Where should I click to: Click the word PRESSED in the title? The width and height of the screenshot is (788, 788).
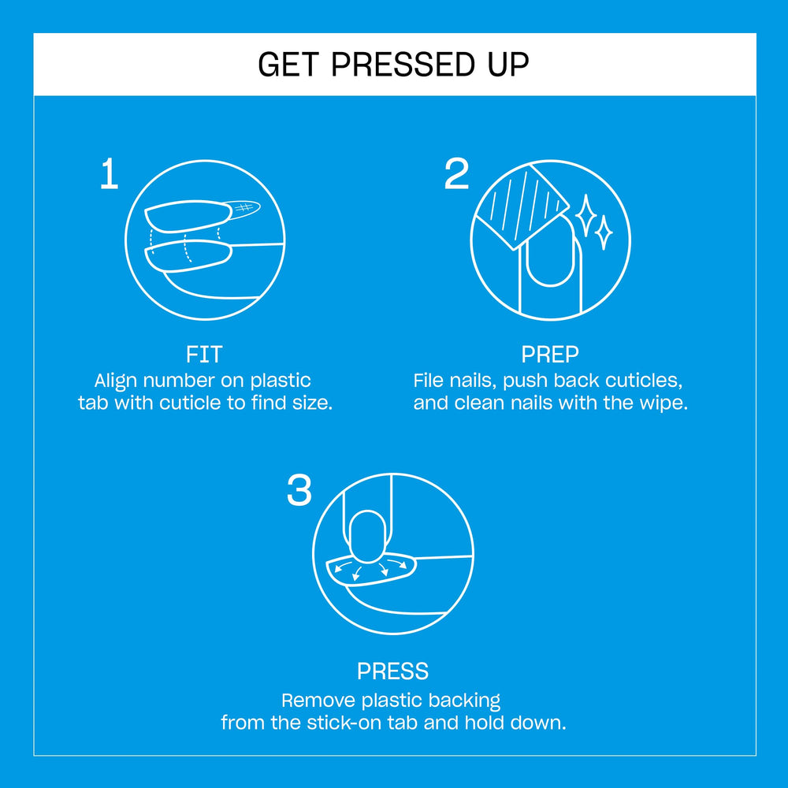coord(402,65)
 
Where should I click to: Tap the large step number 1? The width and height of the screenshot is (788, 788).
coord(109,174)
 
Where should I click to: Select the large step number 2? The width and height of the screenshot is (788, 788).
coord(456,173)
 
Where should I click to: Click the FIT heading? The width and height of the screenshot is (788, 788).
coord(204,355)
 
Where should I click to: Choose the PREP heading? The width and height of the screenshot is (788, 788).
coord(550,355)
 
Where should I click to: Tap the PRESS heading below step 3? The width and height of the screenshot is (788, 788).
coord(392,671)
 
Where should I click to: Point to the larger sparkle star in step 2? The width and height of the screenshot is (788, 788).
coord(585,215)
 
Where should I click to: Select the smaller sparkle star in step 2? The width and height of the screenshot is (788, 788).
coord(604,232)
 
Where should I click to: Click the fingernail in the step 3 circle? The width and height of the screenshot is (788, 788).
coord(367,536)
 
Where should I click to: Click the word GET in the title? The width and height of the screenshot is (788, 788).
coord(288,65)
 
